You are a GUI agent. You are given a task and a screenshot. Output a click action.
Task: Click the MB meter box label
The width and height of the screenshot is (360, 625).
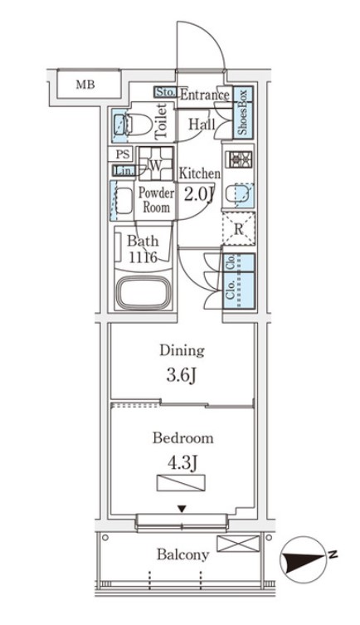(85, 85)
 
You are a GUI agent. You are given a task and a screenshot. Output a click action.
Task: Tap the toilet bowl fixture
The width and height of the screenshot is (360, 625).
(139, 124)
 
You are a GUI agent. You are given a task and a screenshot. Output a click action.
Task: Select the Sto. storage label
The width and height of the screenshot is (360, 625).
(165, 92)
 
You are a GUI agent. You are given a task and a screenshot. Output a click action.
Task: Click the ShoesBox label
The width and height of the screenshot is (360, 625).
(243, 112)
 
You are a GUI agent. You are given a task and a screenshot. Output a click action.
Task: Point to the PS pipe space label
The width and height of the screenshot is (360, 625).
(123, 154)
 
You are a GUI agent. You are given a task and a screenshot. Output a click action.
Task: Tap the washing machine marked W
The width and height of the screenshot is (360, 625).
(156, 164)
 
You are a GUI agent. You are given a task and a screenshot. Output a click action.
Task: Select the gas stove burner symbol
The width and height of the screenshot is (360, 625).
(239, 159)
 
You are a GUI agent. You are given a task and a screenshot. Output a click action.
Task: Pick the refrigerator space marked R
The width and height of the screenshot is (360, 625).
(238, 229)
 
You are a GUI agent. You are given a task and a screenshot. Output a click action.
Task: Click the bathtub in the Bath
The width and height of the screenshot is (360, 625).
(144, 293)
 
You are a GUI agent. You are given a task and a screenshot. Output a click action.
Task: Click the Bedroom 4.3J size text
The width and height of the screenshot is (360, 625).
(182, 463)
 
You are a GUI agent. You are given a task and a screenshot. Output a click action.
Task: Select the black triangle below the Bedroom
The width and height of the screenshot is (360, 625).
(182, 509)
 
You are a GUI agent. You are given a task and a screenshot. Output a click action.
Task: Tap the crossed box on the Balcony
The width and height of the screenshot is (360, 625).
(238, 544)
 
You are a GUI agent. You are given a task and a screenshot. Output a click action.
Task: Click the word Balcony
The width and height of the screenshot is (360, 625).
(182, 554)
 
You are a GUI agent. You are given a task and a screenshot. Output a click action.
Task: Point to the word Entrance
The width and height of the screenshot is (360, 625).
(205, 95)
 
